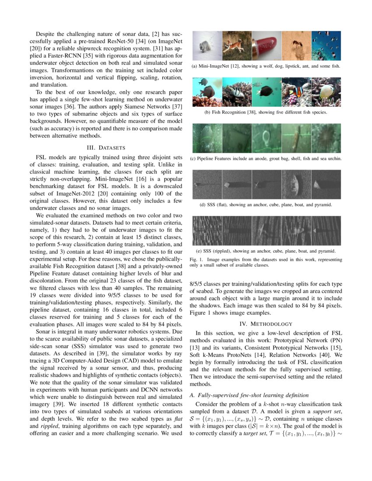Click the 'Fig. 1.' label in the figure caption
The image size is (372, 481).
click(197, 259)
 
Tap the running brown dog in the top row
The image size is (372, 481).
click(235, 45)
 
